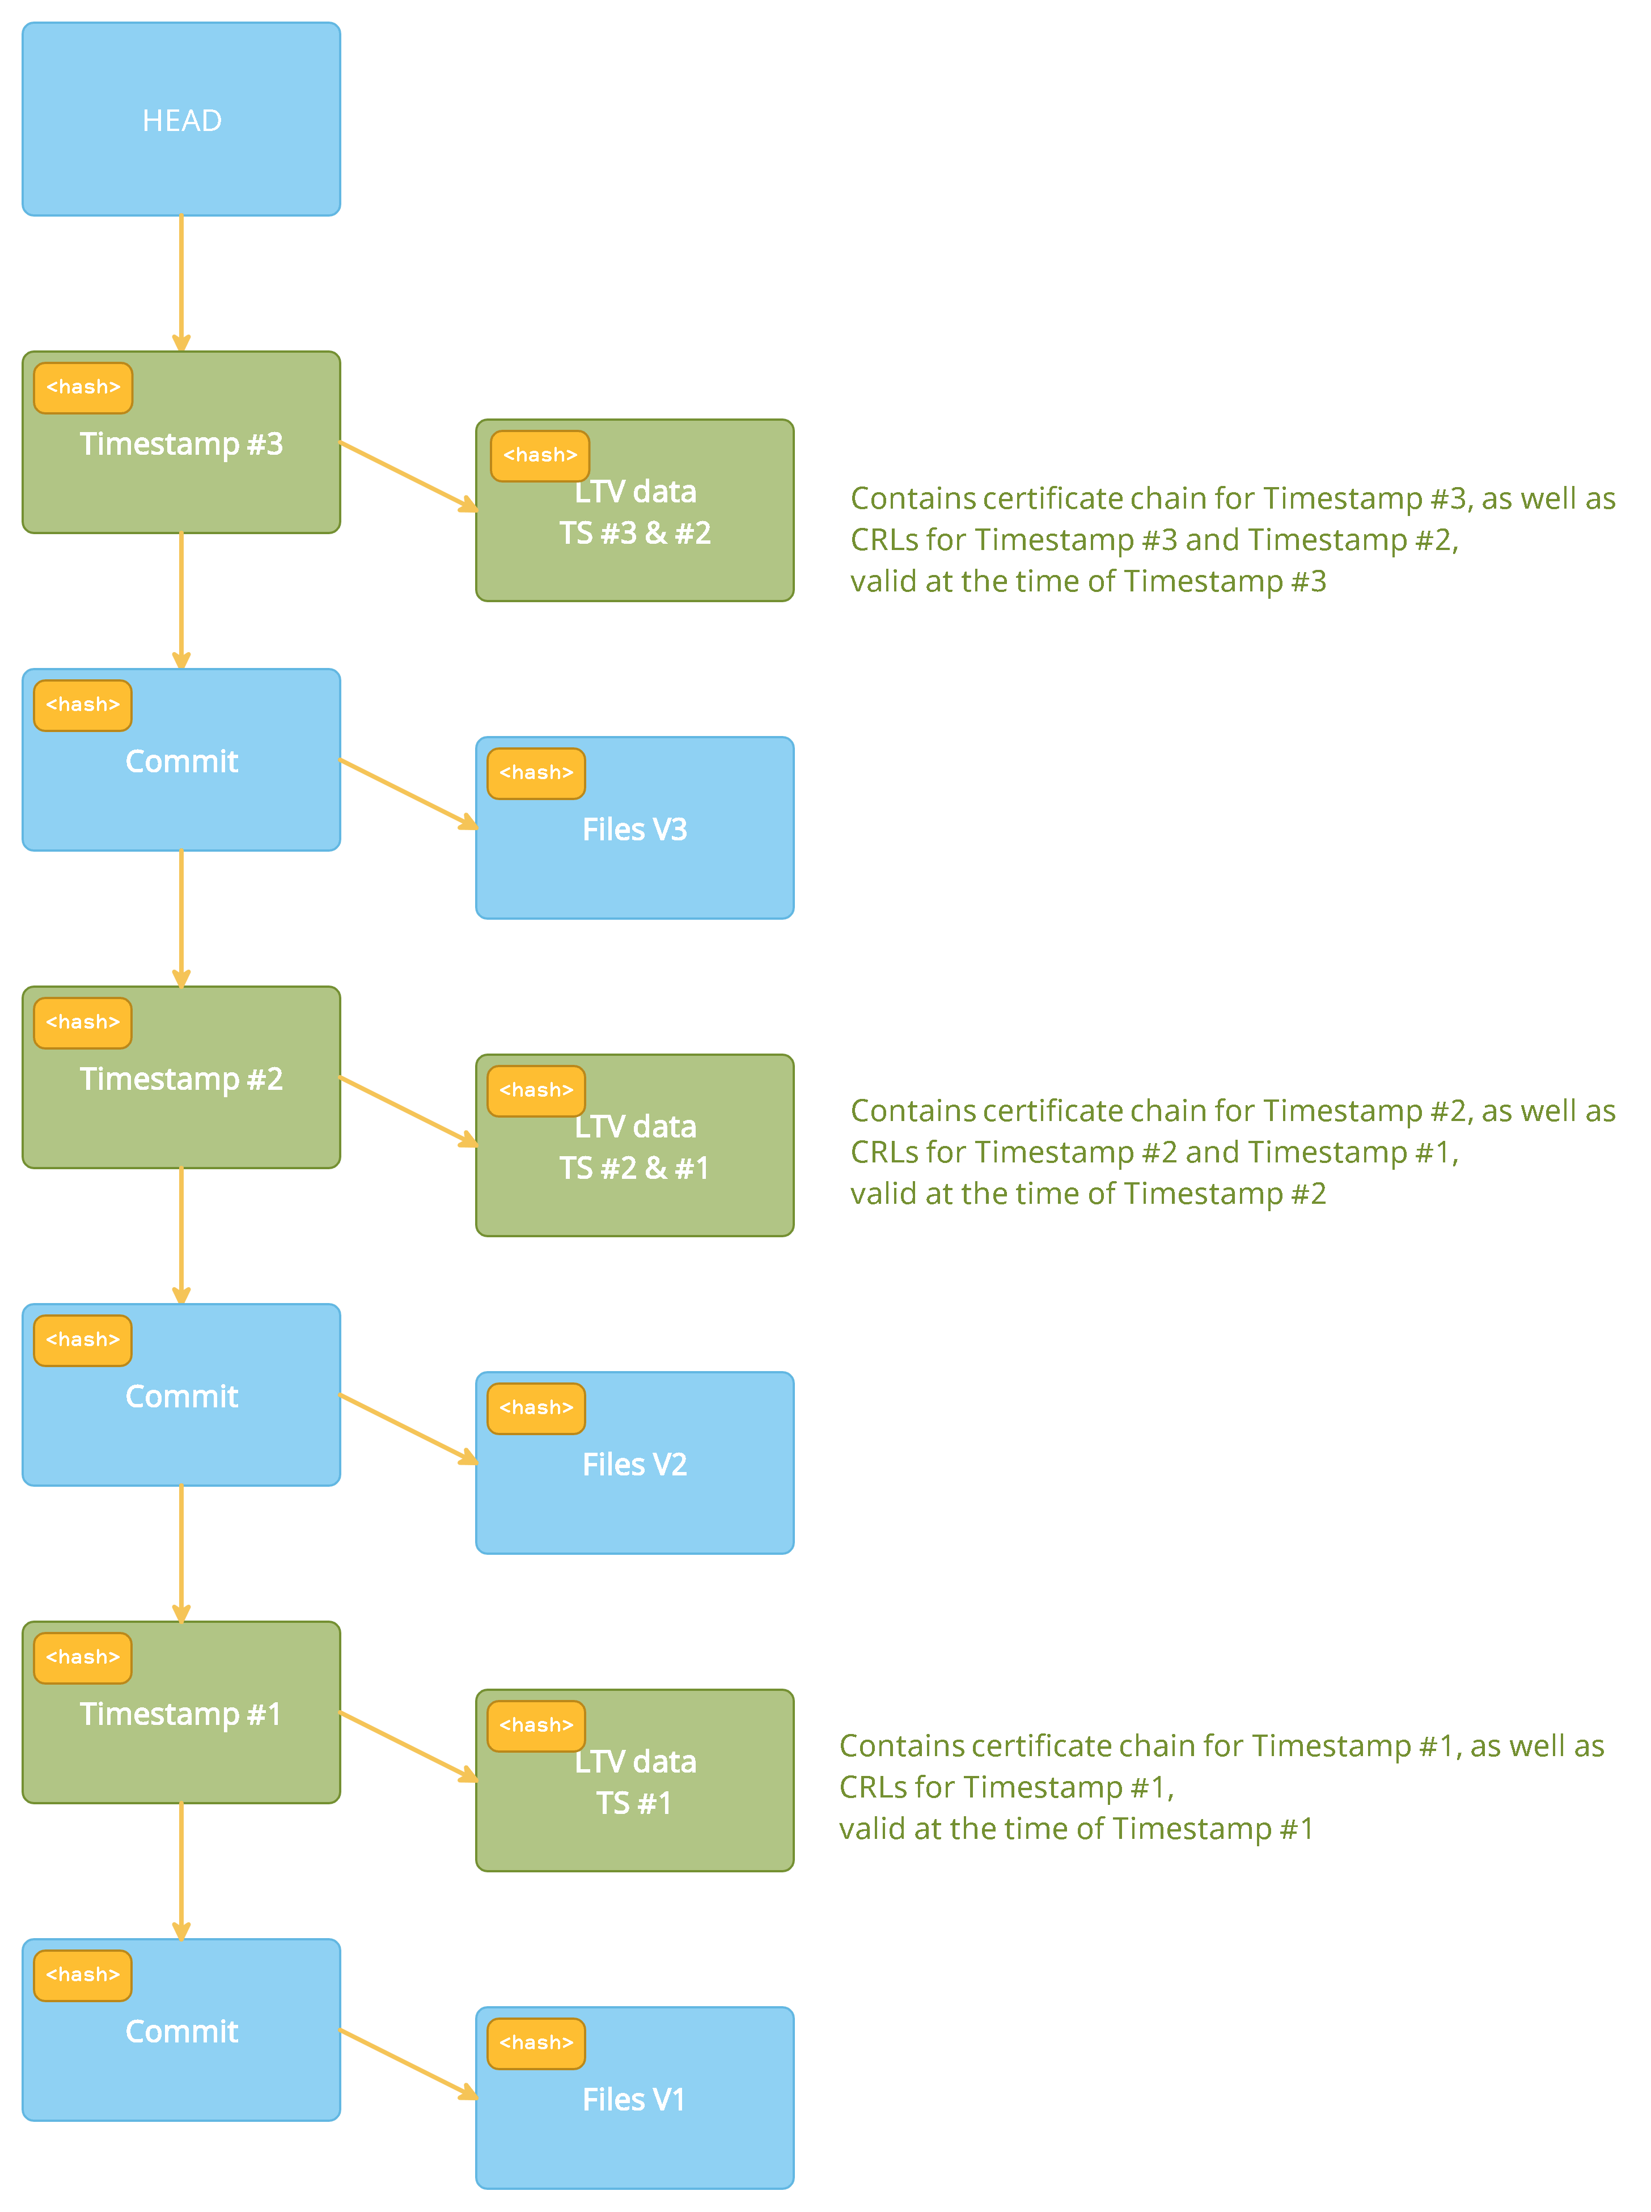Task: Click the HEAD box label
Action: click(181, 121)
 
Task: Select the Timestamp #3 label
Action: click(181, 444)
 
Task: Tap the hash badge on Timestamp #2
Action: click(83, 1022)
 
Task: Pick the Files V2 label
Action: click(634, 1464)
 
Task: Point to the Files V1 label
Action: click(634, 2099)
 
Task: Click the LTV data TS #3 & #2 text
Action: click(634, 512)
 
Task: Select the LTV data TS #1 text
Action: click(634, 1782)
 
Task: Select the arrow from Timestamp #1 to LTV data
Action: click(408, 1746)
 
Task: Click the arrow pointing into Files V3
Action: click(408, 794)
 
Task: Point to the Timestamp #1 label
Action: click(181, 1714)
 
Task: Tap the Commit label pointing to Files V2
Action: click(181, 1397)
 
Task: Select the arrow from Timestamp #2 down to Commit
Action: click(181, 1234)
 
